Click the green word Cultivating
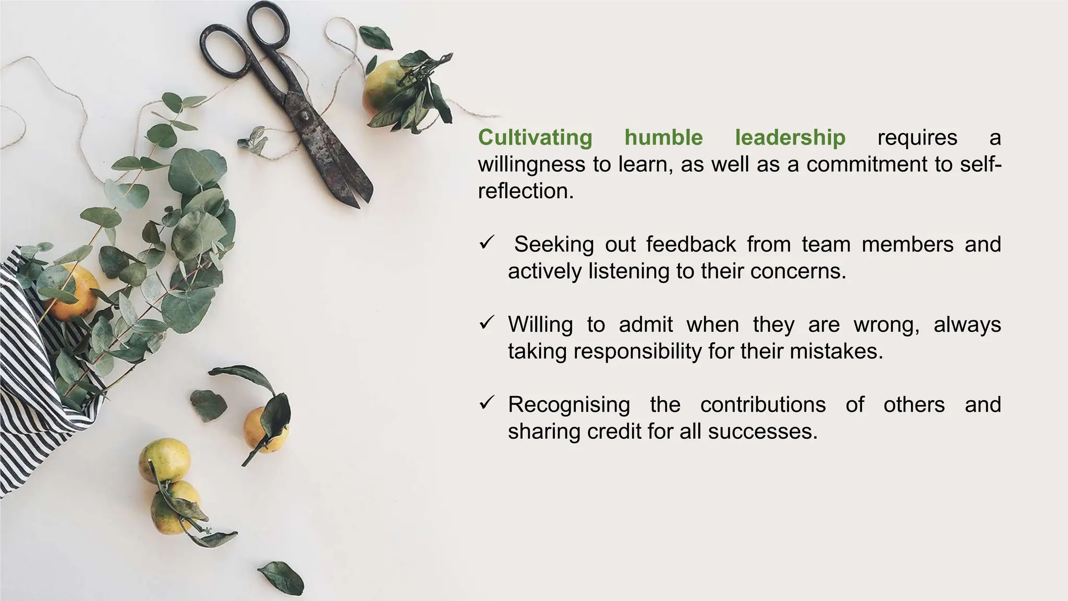[535, 138]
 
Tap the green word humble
[663, 138]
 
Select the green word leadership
[790, 138]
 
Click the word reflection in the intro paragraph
[525, 191]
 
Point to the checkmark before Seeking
[486, 243]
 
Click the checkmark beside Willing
[486, 323]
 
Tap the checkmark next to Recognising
[486, 403]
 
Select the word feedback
[691, 244]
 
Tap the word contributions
[763, 405]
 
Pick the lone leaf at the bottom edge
[282, 577]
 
